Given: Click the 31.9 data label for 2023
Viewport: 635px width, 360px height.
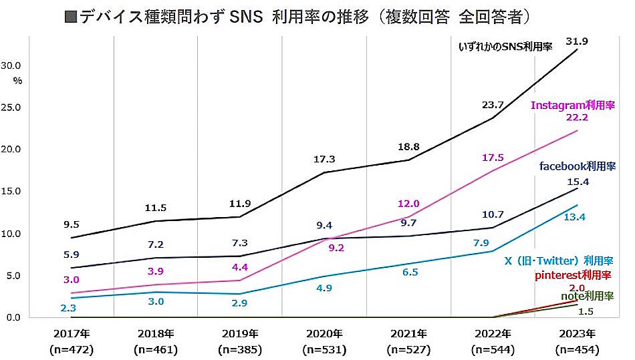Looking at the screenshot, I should (x=576, y=41).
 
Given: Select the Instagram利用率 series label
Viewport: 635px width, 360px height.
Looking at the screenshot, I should (x=572, y=106).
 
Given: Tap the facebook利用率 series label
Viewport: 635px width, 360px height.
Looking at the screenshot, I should (x=578, y=166).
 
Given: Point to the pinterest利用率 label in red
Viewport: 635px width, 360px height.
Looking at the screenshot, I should (x=574, y=275).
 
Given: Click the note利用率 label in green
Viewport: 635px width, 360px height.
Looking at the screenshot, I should (x=586, y=296).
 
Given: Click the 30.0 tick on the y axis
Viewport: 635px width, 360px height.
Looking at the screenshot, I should (x=13, y=65).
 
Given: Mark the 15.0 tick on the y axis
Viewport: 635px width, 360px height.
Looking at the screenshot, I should (x=13, y=191).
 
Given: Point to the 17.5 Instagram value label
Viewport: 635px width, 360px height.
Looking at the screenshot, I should (x=492, y=158).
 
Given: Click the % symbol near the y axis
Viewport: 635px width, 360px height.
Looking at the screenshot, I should (x=17, y=81).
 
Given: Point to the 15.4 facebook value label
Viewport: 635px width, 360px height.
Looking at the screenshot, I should (x=576, y=182).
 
